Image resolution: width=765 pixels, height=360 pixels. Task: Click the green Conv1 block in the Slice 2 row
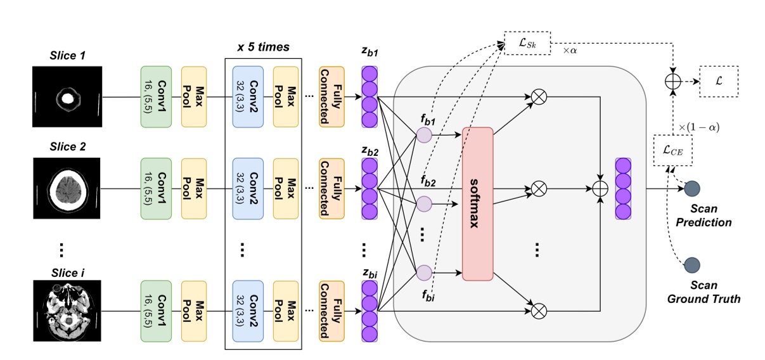click(156, 190)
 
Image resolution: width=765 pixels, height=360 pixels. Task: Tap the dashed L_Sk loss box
click(527, 44)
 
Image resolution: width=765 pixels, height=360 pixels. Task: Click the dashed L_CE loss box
click(672, 151)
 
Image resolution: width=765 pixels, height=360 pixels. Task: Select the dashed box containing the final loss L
click(719, 81)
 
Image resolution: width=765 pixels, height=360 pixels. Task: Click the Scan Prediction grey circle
click(693, 190)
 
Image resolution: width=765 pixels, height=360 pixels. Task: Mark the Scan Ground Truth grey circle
click(693, 264)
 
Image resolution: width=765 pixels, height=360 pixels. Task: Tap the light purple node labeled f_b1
click(424, 134)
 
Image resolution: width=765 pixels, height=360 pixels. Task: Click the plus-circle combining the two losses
click(672, 82)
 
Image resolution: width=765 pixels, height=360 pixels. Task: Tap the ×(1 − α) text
click(699, 128)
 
